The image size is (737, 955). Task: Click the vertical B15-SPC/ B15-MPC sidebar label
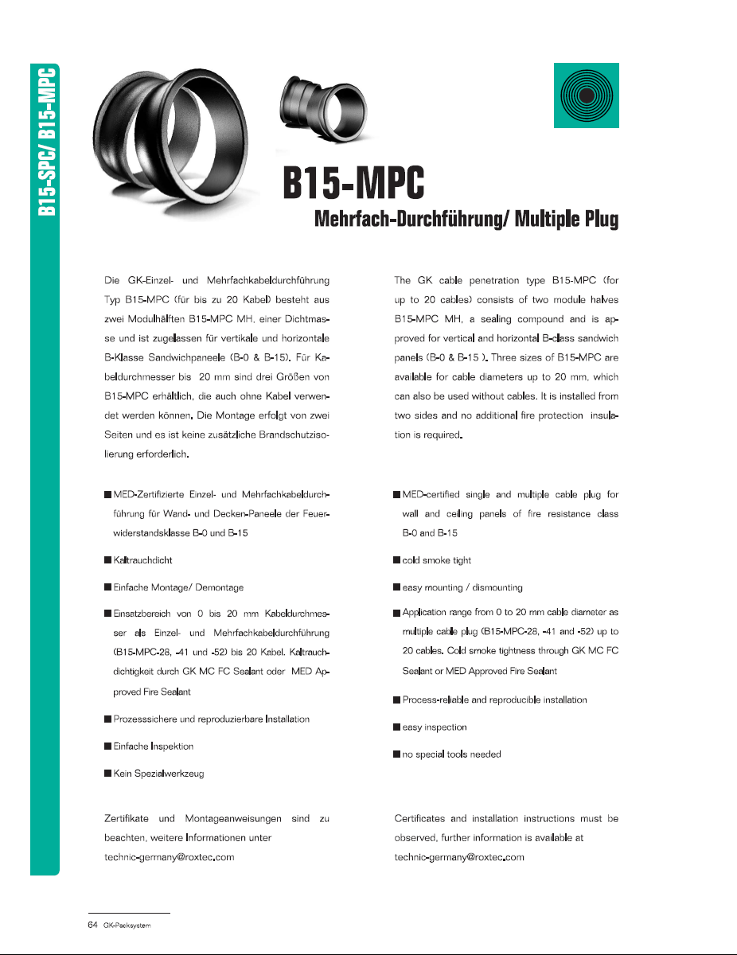pos(45,138)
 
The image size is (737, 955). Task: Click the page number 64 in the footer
pos(92,925)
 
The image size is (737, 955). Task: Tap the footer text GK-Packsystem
pos(127,926)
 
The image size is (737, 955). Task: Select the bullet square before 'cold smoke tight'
pos(396,560)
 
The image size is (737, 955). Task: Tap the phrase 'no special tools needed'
pos(451,754)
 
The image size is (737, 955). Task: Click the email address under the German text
pos(169,858)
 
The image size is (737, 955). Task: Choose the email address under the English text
pos(459,858)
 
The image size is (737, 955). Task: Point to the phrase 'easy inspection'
pos(435,727)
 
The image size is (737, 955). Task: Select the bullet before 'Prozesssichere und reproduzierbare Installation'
pos(107,719)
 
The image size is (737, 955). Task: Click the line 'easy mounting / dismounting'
pos(462,587)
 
